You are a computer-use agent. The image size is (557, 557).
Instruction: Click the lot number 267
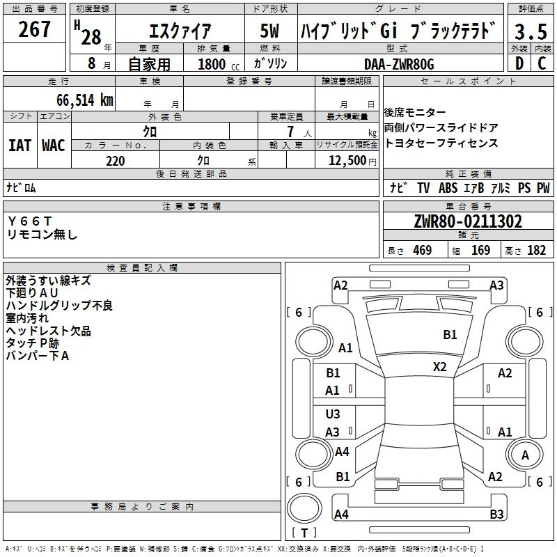point(35,30)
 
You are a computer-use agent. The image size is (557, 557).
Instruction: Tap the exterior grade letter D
point(519,63)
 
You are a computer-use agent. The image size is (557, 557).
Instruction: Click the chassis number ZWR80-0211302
point(467,222)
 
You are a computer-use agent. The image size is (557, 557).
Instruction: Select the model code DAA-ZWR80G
point(399,63)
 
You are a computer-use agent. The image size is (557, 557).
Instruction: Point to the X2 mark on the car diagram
point(440,367)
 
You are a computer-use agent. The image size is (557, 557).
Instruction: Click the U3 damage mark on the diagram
point(333,414)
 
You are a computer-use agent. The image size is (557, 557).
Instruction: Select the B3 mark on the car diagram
point(496,515)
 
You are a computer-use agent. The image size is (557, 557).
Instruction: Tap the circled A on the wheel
point(525,455)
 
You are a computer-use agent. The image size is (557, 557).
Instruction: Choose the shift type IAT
point(20,146)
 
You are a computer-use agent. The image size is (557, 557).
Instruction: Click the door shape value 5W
point(271,31)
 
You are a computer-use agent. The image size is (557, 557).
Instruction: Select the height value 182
point(536,251)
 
